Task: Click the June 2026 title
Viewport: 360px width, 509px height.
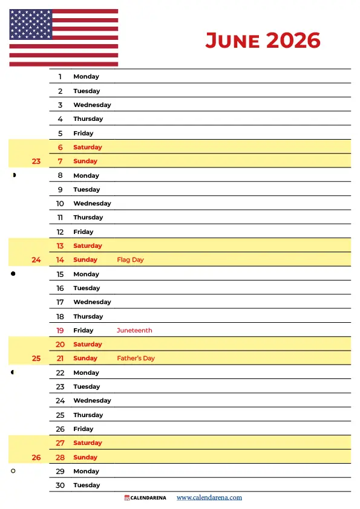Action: [x=263, y=41]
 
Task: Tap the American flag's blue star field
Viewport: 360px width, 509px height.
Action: [x=30, y=25]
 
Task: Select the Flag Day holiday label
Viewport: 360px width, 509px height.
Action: [x=130, y=260]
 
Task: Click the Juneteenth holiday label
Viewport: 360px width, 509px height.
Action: [x=134, y=331]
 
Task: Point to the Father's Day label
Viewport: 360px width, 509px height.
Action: [x=136, y=358]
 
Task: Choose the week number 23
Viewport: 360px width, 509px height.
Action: [x=36, y=161]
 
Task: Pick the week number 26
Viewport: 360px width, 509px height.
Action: [x=36, y=458]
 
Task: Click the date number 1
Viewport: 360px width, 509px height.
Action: [x=60, y=77]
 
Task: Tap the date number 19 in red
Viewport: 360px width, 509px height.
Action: [x=60, y=331]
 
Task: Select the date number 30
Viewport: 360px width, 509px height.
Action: [x=60, y=485]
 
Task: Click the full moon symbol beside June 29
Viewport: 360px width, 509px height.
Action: [x=13, y=471]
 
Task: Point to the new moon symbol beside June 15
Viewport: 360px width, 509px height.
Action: [x=13, y=274]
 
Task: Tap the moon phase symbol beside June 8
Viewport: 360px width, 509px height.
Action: [x=13, y=175]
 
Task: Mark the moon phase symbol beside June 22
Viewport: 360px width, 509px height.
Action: [x=13, y=372]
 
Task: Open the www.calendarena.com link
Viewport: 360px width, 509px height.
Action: [x=209, y=498]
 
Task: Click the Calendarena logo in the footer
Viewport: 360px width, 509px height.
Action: [x=145, y=498]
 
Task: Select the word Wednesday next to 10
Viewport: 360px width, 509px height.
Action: [x=92, y=204]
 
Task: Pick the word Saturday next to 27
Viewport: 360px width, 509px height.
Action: [x=88, y=443]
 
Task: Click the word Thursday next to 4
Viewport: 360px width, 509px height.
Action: [x=88, y=119]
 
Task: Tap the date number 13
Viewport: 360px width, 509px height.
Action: [x=60, y=246]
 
